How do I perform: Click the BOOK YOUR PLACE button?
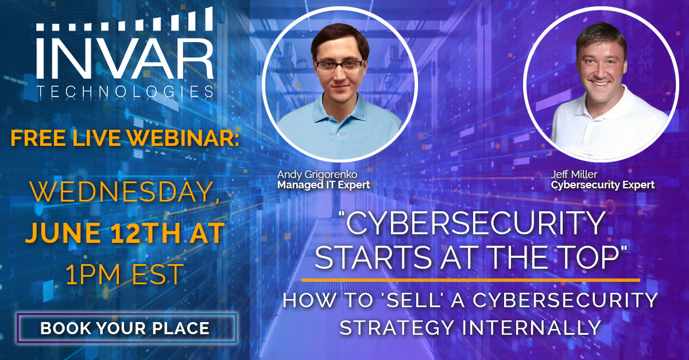(127, 328)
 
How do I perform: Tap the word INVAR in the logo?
(125, 59)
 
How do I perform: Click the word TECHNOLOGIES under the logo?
(125, 92)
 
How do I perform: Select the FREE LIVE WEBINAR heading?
(125, 138)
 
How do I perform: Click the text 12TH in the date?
(145, 233)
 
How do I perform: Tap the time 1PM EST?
(125, 274)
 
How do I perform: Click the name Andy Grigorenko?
(317, 175)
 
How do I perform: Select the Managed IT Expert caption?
(324, 185)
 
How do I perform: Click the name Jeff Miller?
(574, 175)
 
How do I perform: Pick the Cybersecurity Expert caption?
(603, 185)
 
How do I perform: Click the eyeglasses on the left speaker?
(339, 65)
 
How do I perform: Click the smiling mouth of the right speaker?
(601, 83)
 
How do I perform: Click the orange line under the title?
(471, 280)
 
